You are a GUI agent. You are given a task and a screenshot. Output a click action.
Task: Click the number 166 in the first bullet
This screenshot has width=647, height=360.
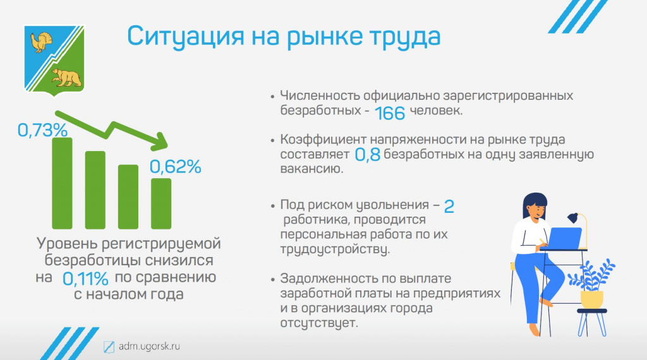390,113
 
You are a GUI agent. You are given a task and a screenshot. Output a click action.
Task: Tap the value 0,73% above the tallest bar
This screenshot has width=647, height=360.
42,130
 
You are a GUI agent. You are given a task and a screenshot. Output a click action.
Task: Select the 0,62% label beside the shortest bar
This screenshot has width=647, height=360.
176,167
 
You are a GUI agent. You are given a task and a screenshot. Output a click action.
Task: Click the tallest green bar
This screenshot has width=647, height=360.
63,183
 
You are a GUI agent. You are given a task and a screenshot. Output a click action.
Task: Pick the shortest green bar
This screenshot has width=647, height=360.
161,204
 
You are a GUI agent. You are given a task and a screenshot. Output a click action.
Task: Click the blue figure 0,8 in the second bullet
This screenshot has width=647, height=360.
367,155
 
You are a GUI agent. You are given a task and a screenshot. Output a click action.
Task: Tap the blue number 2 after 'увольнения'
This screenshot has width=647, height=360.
449,206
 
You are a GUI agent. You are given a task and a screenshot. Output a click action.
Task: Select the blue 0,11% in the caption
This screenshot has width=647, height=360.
85,279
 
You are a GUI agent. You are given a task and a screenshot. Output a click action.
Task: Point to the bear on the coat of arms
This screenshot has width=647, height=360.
66,78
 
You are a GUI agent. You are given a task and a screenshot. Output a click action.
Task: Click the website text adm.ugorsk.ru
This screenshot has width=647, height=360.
149,346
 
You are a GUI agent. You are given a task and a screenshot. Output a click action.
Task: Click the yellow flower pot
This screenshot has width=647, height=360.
591,299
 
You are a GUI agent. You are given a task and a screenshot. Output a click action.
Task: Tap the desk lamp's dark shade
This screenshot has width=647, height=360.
572,218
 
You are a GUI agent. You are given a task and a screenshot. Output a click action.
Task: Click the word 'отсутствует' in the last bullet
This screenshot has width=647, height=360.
319,323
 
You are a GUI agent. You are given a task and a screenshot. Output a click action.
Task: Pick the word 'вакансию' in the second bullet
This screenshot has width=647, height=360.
311,169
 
